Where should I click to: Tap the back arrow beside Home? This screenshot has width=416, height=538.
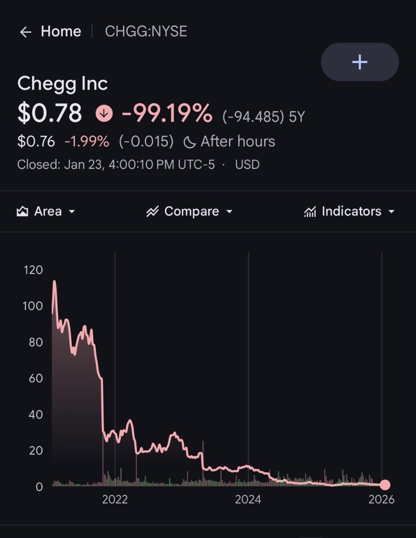point(26,32)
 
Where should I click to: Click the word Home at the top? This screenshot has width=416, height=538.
point(61,32)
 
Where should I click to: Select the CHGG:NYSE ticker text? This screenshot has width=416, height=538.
point(146,32)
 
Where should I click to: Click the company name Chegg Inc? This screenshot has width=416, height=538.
point(63,83)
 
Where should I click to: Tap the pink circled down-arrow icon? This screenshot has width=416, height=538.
point(104,113)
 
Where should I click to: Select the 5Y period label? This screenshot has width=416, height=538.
point(297,116)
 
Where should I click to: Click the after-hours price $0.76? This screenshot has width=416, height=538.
point(36,142)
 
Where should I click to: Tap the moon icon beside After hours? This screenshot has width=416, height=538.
point(190,142)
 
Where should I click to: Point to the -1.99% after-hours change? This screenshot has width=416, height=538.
point(87,142)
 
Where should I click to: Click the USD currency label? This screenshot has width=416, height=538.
point(247,164)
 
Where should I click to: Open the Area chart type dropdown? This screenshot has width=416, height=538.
point(46,211)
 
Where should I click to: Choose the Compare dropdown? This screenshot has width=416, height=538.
point(189,211)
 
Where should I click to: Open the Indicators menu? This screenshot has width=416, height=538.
point(350,211)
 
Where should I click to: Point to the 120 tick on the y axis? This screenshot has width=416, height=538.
point(34,270)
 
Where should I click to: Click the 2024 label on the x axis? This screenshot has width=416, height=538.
point(248,499)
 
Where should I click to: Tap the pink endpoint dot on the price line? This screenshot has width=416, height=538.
point(385,485)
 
